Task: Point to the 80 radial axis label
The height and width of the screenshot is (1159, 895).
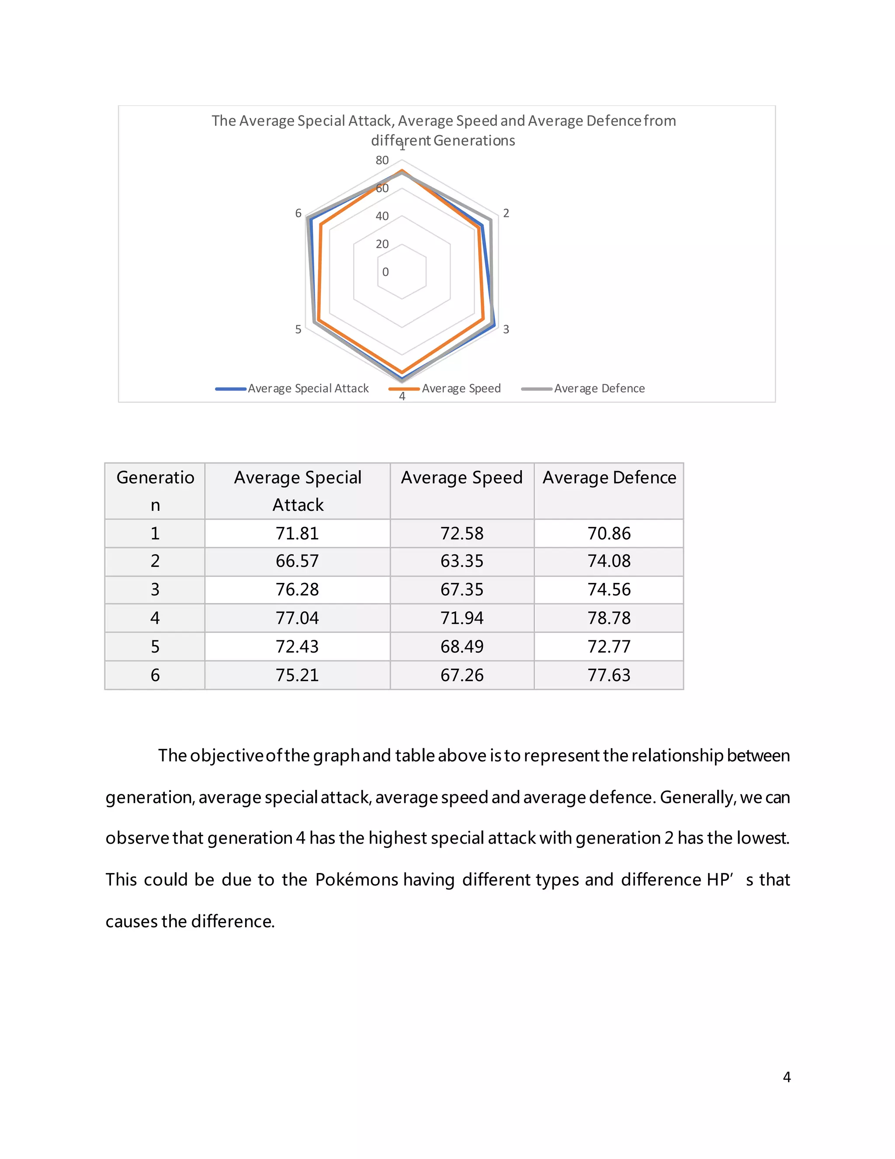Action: coord(382,160)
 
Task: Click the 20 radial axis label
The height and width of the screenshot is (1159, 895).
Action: coord(382,244)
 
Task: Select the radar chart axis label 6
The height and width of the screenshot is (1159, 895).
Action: coord(298,213)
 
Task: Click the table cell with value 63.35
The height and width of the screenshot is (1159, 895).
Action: coord(462,561)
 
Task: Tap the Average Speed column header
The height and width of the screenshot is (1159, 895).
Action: coord(462,478)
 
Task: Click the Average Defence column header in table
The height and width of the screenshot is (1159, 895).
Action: coord(609,478)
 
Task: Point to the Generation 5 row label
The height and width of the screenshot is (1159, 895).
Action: coord(155,646)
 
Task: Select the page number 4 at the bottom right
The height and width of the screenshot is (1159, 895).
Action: coord(786,1077)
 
